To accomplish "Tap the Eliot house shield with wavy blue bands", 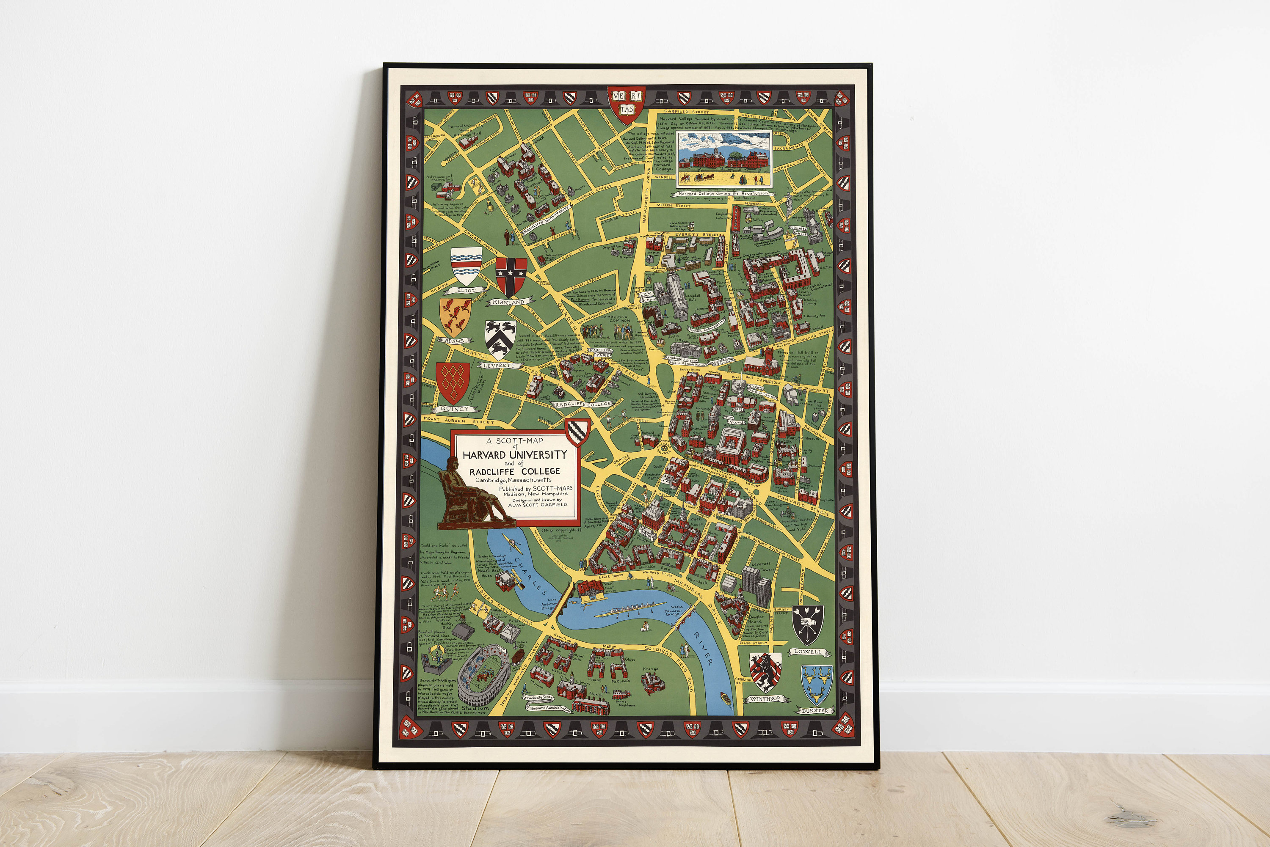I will point(466,265).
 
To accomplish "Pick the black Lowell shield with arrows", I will point(808,624).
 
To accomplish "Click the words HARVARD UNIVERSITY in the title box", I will point(514,455).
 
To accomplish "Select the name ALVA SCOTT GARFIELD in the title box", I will point(538,505).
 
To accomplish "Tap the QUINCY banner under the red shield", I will point(455,410).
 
